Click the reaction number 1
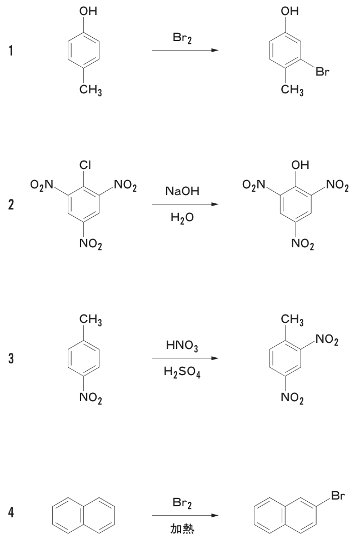pyautogui.click(x=11, y=51)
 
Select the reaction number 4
pyautogui.click(x=11, y=512)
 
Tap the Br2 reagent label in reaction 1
pyautogui.click(x=182, y=37)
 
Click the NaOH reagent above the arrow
pyautogui.click(x=182, y=191)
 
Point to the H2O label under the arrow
pyautogui.click(x=182, y=217)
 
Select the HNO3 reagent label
pyautogui.click(x=182, y=345)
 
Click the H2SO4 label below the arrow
pyautogui.click(x=182, y=372)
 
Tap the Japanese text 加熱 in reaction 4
pyautogui.click(x=182, y=529)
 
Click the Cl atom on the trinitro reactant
pyautogui.click(x=86, y=165)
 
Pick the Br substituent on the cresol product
pyautogui.click(x=322, y=72)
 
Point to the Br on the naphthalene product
pyautogui.click(x=338, y=496)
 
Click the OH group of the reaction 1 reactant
pyautogui.click(x=88, y=11)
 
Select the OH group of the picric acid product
pyautogui.click(x=300, y=165)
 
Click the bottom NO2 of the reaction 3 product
pyautogui.click(x=292, y=398)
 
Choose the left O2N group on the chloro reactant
pyautogui.click(x=42, y=185)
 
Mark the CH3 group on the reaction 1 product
pyautogui.click(x=292, y=90)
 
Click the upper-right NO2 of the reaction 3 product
pyautogui.click(x=327, y=340)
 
